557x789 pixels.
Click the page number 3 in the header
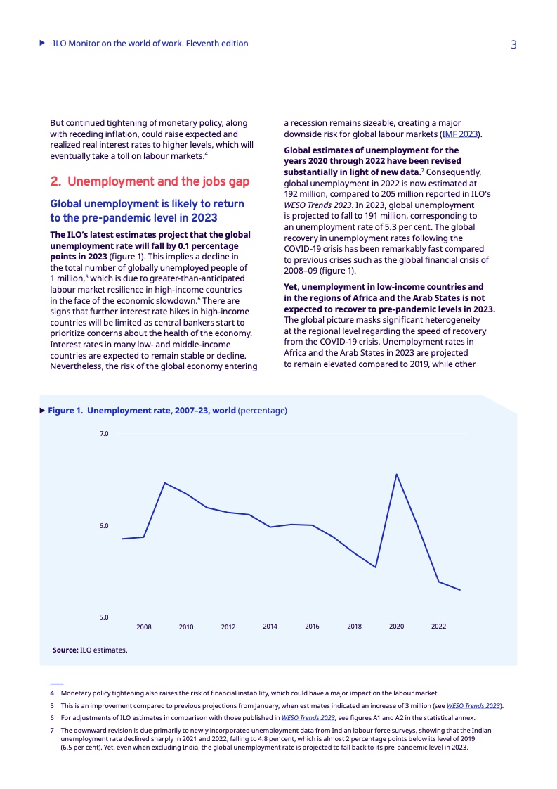(513, 44)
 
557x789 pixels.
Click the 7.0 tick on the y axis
(104, 434)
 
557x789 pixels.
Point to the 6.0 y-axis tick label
(104, 526)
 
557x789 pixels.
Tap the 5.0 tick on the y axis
(104, 617)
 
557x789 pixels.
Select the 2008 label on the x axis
(144, 627)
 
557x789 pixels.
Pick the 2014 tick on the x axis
(270, 626)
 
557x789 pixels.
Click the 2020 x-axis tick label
(396, 626)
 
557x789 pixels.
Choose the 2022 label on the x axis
(438, 626)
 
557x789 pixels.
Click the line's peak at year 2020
(397, 474)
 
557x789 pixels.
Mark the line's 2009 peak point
(165, 483)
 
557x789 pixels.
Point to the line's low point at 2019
(376, 567)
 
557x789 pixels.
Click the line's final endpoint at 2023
(460, 590)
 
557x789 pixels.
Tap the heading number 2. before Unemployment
(55, 181)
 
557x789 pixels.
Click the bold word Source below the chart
(65, 650)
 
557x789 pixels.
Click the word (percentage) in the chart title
(263, 411)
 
